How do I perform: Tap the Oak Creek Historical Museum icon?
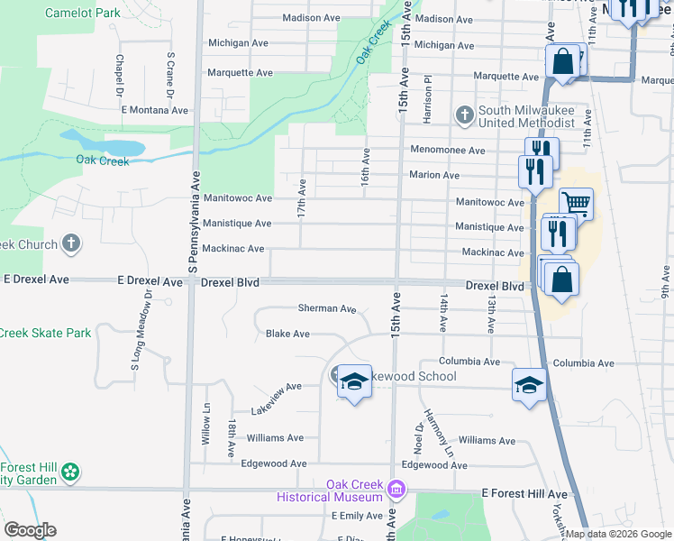pos(396,490)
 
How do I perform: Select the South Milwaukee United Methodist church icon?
pos(464,115)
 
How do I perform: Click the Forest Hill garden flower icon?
pos(70,472)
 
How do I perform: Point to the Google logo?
pos(29,530)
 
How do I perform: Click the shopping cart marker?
pos(576,204)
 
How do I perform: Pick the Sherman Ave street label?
pos(327,308)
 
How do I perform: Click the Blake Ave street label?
pos(287,334)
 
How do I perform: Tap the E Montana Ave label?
pos(155,110)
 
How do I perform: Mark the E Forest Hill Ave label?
pos(524,494)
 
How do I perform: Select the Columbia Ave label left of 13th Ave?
pos(469,362)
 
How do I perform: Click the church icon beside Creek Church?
pos(71,244)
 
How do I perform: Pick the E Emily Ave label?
pos(358,516)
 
